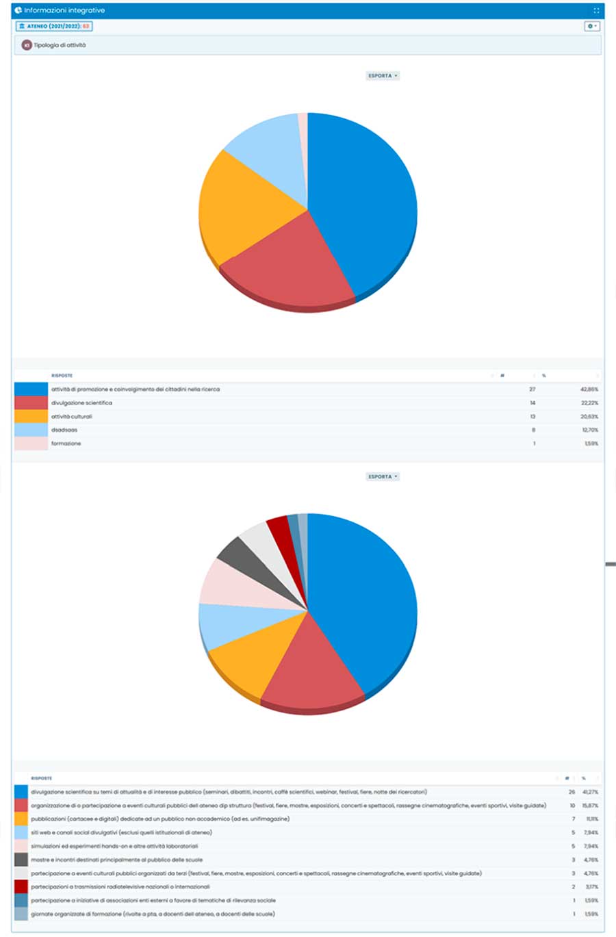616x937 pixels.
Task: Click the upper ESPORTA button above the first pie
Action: pos(382,76)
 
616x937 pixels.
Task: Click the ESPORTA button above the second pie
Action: pos(382,477)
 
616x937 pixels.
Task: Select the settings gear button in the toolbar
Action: pos(591,26)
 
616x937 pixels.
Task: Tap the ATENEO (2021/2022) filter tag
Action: pos(53,26)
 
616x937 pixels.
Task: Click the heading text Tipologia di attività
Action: pos(60,45)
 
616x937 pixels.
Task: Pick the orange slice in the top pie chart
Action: pos(240,205)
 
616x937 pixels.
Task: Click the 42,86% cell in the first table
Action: pos(589,389)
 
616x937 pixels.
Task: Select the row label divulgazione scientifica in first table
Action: pos(81,403)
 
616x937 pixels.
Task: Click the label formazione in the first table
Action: pos(66,444)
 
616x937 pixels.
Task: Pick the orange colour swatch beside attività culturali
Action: pos(31,416)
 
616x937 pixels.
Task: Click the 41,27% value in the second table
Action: pos(590,792)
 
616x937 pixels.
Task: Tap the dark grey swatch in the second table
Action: pos(21,860)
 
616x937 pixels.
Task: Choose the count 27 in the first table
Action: pos(532,389)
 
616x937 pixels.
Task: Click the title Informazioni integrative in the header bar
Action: pos(64,11)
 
